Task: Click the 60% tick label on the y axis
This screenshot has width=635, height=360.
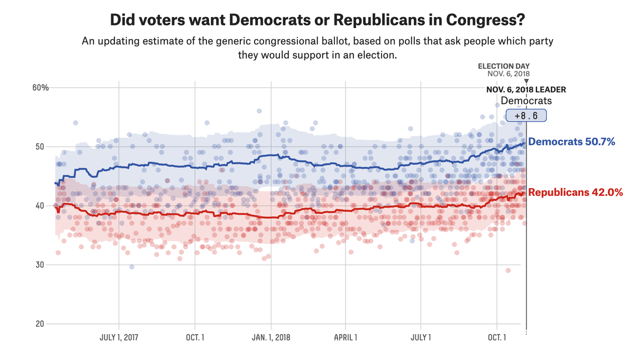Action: [x=40, y=88]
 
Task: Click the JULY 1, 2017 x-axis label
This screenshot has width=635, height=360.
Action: [x=119, y=337]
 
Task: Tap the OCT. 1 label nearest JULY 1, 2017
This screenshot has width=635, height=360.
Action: [x=195, y=337]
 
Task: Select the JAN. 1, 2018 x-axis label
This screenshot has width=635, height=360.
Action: [x=270, y=337]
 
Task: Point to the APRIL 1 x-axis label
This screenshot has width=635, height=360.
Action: [x=345, y=337]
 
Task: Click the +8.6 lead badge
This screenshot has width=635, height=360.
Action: [x=526, y=116]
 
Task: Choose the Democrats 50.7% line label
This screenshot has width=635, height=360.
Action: [x=571, y=142]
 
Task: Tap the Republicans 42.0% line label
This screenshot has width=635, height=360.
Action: [x=575, y=193]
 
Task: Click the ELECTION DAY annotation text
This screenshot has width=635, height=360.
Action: [x=504, y=66]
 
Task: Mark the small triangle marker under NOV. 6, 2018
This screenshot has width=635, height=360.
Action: [x=527, y=81]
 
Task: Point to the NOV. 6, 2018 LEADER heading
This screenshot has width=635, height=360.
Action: [x=526, y=89]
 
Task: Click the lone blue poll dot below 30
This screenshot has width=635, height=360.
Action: [x=132, y=267]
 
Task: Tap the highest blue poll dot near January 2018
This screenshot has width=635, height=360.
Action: [x=259, y=111]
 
